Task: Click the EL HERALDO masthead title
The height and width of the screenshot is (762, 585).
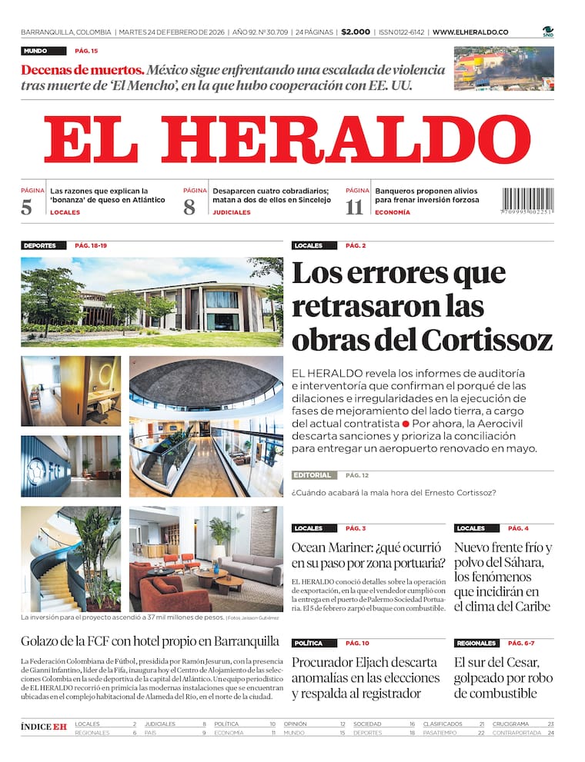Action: pos(287,140)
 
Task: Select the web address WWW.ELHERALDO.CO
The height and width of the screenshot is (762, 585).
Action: pos(470,32)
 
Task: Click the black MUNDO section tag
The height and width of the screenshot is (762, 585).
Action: pos(35,51)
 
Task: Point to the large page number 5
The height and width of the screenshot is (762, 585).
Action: pos(27,207)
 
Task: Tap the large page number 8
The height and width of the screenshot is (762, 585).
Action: pos(189,207)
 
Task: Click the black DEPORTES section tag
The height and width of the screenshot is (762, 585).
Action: pos(40,245)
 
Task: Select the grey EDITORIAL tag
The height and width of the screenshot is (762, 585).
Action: pos(313,475)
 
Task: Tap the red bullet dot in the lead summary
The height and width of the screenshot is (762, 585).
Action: pos(405,424)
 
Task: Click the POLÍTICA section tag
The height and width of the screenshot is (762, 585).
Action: pos(308,643)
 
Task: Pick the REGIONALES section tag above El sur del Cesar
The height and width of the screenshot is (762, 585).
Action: pos(476,643)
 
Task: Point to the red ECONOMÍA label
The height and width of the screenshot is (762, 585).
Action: pos(392,212)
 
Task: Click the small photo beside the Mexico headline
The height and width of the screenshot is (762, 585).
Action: pos(503,68)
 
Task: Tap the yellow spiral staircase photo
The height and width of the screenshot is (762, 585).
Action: pos(70,559)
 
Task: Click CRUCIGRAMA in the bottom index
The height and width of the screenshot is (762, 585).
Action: pos(510,724)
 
